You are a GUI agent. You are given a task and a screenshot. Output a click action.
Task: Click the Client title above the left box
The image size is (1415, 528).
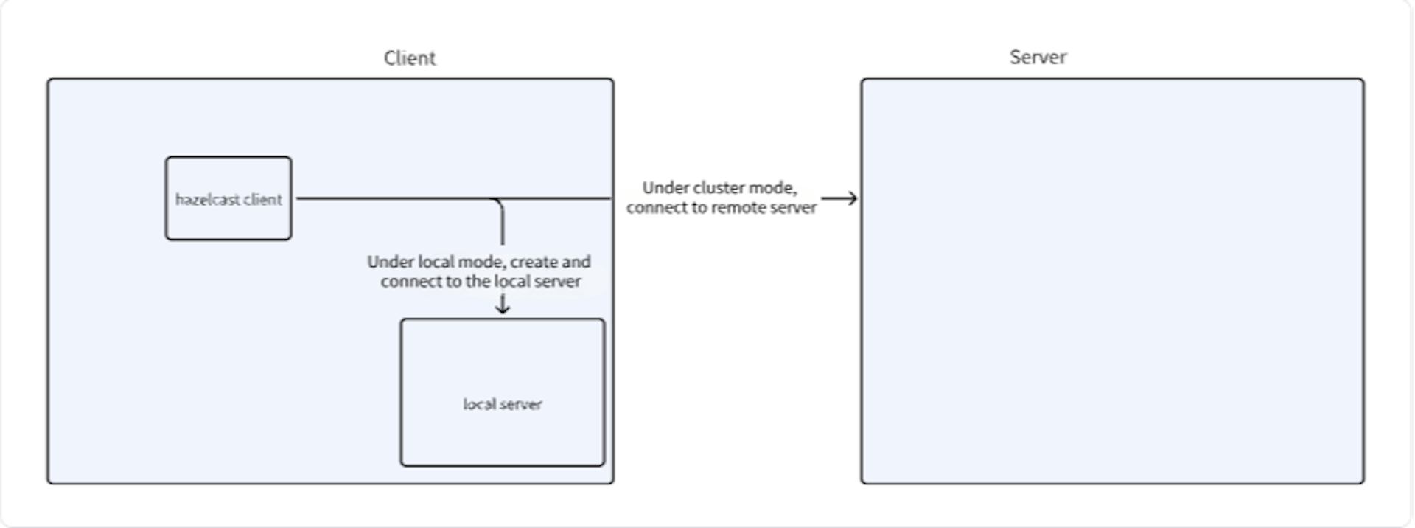click(410, 58)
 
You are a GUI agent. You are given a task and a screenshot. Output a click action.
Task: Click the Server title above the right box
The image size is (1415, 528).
click(1038, 58)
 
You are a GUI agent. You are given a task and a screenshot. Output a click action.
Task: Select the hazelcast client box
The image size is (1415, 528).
click(228, 218)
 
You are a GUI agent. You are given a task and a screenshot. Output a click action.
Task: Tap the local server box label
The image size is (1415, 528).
click(503, 404)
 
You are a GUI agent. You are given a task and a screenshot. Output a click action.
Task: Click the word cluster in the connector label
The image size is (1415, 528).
click(719, 188)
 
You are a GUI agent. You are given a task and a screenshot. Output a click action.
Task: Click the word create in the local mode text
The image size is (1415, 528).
click(534, 262)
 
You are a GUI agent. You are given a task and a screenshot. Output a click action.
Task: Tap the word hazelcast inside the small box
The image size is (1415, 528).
click(208, 199)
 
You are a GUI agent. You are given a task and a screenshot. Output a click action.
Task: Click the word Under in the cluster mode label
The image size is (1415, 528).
click(665, 188)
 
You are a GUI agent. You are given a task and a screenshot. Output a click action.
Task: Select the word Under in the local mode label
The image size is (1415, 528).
click(391, 262)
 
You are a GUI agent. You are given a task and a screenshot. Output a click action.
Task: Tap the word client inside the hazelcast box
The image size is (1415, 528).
click(262, 199)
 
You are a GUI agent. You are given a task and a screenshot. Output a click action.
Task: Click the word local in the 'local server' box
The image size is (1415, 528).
click(479, 404)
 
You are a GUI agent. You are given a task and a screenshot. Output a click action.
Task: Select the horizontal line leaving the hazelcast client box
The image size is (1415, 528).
click(391, 198)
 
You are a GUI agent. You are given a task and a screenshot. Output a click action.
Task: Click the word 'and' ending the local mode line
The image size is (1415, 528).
click(576, 262)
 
